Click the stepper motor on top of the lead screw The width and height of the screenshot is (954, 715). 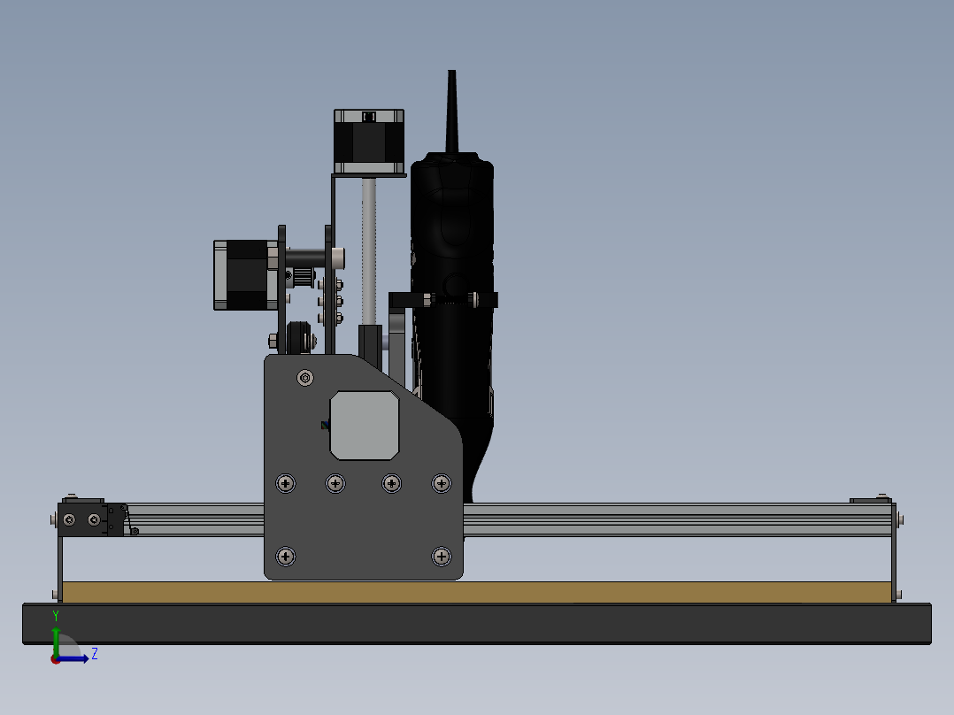point(368,142)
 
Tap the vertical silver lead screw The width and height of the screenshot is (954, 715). point(369,248)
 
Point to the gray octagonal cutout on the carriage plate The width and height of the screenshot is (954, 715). point(364,426)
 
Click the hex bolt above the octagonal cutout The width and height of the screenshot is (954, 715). point(305,378)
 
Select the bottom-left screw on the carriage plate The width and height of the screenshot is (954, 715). point(286,556)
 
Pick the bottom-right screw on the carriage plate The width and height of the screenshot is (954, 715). point(441,556)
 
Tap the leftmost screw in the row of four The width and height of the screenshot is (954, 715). point(286,483)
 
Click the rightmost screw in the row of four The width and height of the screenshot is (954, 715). point(441,483)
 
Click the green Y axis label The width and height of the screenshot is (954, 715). point(56,615)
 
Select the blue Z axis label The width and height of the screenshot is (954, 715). point(94,654)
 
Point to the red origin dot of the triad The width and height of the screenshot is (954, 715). point(55,659)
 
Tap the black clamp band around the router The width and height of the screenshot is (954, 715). point(442,299)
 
